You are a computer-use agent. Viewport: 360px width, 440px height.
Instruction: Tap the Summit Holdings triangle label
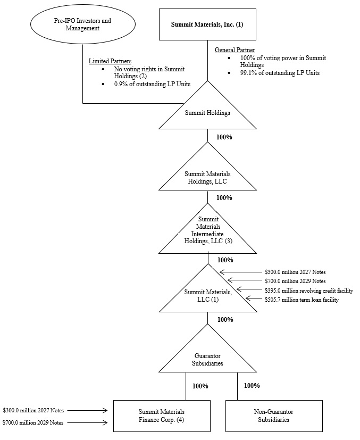pos(207,113)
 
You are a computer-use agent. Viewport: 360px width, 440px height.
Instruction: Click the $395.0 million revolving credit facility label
pos(308,290)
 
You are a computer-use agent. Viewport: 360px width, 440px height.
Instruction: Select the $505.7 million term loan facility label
pos(301,300)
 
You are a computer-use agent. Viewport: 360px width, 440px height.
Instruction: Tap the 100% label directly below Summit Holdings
pos(224,137)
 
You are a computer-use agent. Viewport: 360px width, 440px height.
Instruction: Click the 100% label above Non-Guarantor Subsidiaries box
pos(252,386)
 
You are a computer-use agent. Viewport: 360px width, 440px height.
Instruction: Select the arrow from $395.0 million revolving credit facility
pos(249,290)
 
